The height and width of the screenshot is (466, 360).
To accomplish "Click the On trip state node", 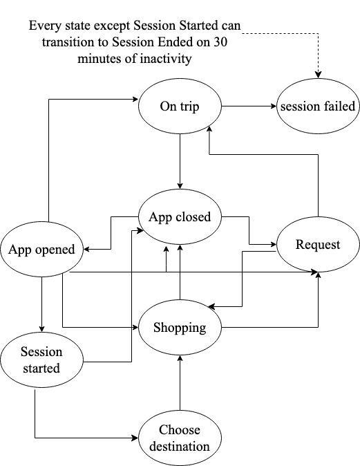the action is coord(180,106).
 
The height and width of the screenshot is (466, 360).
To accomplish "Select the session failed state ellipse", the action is coord(318,106).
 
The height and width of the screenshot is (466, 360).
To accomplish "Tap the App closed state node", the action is coord(180,217).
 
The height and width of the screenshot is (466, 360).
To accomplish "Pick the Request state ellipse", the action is coord(318,244).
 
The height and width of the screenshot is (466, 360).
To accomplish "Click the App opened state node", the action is coord(41,249).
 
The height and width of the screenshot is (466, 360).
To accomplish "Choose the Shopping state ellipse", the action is coord(180,327).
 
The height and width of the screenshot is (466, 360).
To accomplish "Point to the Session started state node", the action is coord(41,360).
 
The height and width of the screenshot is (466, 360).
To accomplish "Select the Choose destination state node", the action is coord(180,438).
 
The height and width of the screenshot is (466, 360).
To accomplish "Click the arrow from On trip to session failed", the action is coord(249,106).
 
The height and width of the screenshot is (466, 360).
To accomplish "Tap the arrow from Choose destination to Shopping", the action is coord(180,383).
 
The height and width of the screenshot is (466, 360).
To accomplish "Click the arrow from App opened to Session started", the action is coord(41,304).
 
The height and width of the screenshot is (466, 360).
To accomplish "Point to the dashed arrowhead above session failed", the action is coord(318,75).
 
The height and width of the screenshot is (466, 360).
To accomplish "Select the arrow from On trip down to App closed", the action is coord(180,161).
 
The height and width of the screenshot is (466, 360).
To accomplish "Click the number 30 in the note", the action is coord(220,41).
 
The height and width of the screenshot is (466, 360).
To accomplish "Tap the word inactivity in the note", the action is coord(165,58).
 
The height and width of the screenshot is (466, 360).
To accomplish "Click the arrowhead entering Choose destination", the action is coord(135,438).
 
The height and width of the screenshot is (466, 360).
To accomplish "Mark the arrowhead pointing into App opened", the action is coord(87,249).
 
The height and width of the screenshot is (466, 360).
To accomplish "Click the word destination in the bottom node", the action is coord(180,447).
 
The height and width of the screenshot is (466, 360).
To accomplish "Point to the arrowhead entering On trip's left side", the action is coord(135,100).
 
